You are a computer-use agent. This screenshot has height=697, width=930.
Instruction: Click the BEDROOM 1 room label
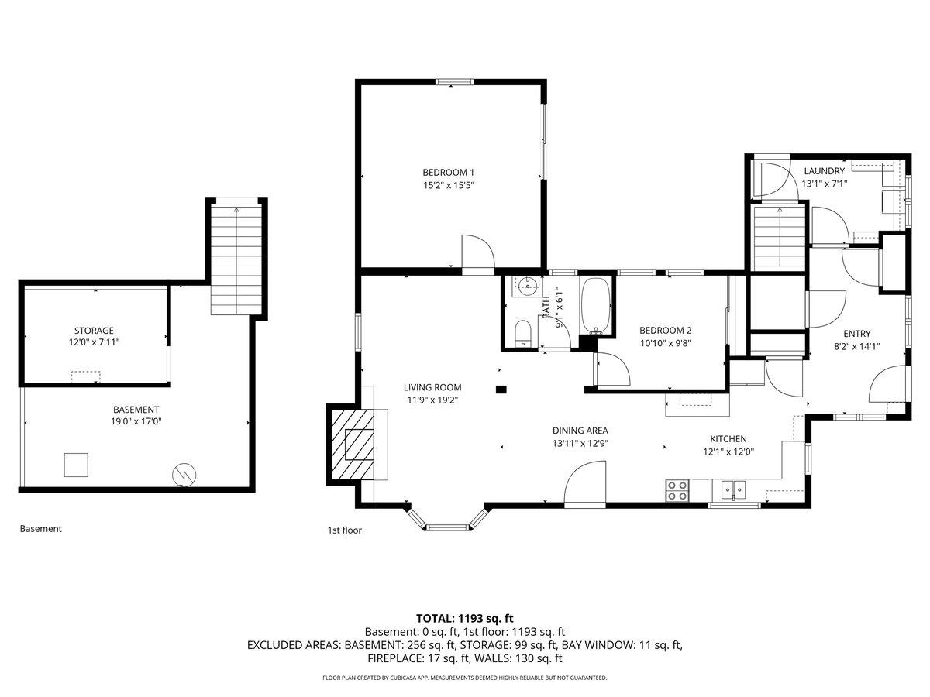point(448,172)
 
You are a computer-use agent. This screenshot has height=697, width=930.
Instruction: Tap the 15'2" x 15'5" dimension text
point(448,185)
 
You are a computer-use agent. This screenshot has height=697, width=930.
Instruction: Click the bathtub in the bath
point(595,304)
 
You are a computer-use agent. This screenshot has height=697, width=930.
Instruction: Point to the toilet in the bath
point(522,333)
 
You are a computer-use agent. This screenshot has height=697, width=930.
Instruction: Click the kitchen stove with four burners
point(677,490)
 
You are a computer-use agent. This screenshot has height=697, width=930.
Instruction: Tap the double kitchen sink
point(733,489)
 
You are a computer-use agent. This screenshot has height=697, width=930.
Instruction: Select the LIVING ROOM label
point(432,387)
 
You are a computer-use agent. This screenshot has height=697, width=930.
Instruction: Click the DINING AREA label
point(580,431)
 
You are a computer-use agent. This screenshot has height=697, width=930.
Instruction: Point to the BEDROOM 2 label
point(665,330)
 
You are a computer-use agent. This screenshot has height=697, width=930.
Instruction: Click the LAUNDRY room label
point(824,171)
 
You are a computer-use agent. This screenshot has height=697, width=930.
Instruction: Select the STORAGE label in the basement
point(94,330)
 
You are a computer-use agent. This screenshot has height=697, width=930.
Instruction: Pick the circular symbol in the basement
point(184,474)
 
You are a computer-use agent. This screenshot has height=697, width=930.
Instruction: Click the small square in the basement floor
point(77,465)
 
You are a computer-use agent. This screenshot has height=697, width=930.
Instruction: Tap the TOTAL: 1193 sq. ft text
point(465,618)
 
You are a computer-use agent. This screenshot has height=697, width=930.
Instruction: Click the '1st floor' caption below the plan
point(344,530)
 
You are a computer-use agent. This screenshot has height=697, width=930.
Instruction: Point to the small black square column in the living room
point(501,389)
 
